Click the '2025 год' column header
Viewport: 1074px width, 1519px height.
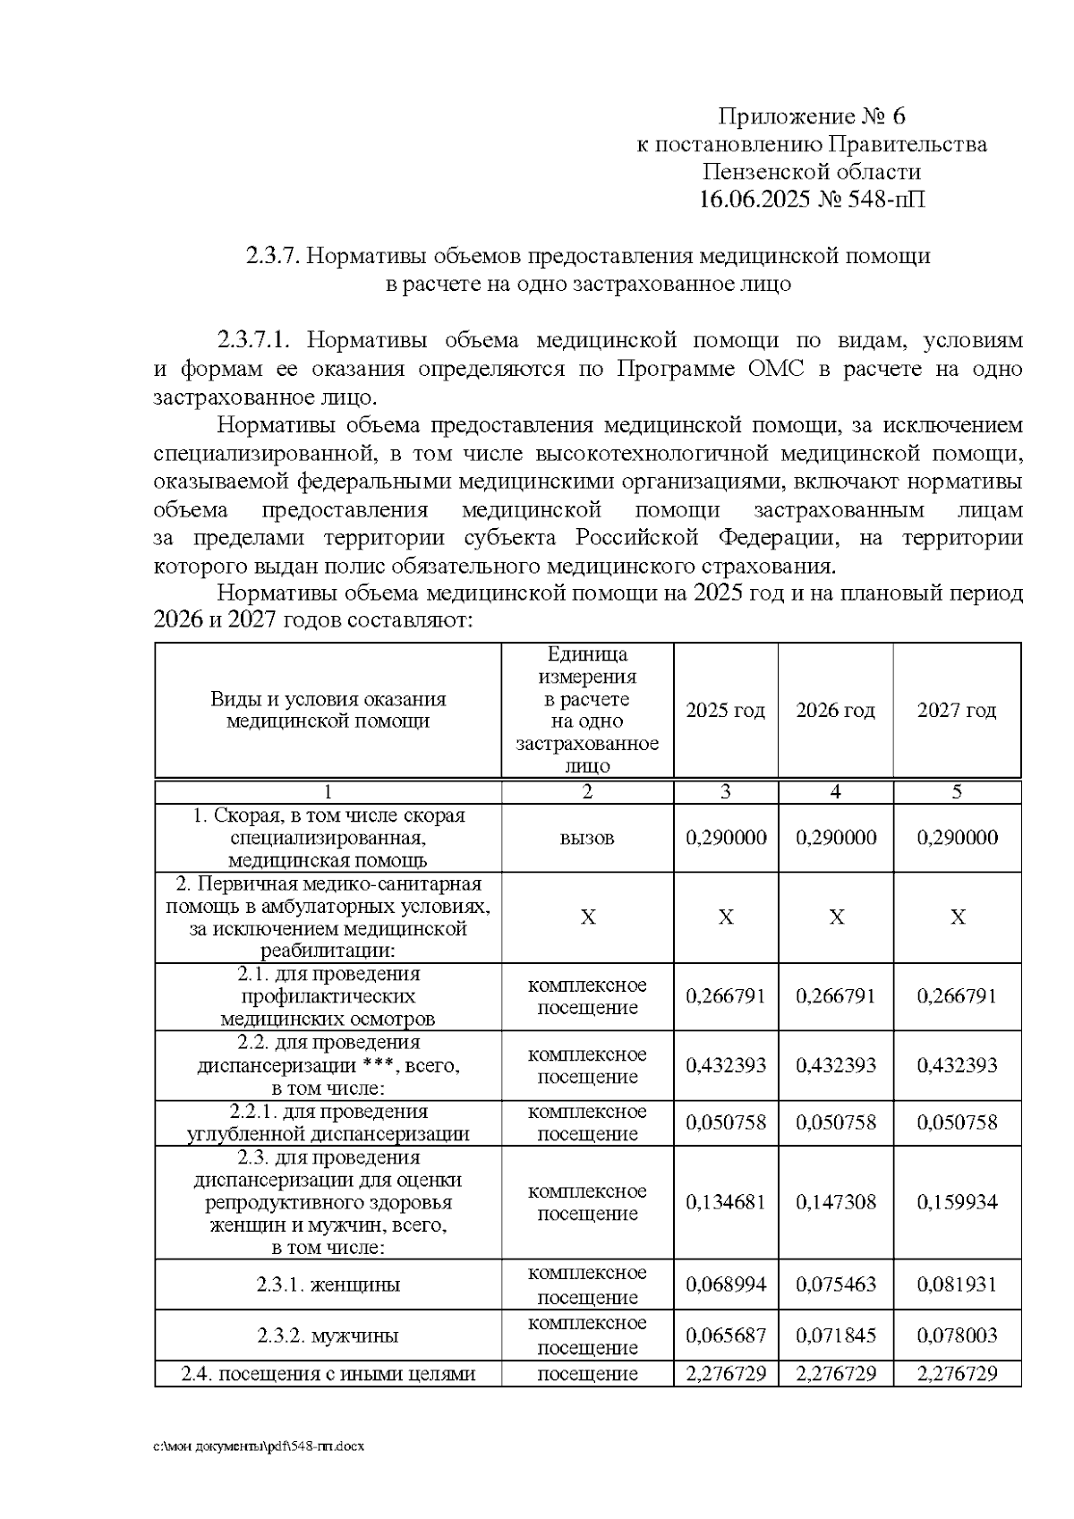[x=725, y=711]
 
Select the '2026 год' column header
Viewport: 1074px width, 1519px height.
[x=835, y=711]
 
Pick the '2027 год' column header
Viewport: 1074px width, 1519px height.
[x=957, y=711]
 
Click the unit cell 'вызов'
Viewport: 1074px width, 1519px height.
[x=587, y=839]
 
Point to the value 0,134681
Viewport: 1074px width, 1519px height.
[x=725, y=1202]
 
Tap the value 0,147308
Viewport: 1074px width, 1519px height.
[x=835, y=1202]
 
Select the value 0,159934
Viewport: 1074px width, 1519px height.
[x=957, y=1202]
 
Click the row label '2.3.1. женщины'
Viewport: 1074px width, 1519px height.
[x=328, y=1285]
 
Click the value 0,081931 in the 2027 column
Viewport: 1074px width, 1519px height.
[x=957, y=1284]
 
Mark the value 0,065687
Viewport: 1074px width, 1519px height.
[x=725, y=1336]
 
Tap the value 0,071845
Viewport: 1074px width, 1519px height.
[x=835, y=1336]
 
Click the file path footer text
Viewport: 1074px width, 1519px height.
[x=259, y=1446]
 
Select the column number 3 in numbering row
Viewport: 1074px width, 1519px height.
[x=725, y=792]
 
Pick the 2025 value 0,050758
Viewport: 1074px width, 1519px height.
[x=725, y=1122]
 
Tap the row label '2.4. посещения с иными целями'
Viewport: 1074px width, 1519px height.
[x=328, y=1374]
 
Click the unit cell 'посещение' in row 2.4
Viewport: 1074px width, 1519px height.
[x=587, y=1374]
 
